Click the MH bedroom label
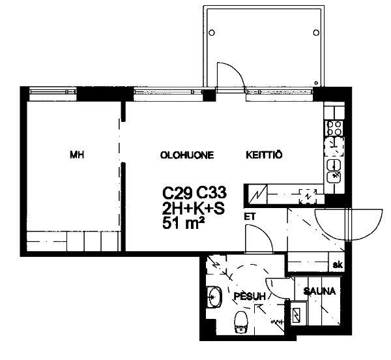pos(77,155)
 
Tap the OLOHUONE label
pos(187,155)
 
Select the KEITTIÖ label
pos(265,155)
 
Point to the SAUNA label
pos(319,291)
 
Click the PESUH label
pos(250,296)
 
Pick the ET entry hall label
pos(250,217)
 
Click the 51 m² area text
pos(183,222)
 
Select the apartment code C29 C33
pos(194,192)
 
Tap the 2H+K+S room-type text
pos(194,208)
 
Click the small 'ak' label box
pos(338,264)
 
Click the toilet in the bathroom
pos(240,322)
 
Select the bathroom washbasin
pos(214,297)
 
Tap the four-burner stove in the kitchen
pos(334,128)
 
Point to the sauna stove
pos(298,314)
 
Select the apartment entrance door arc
pos(349,225)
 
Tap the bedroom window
pos(53,91)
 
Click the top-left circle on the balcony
pos(212,33)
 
